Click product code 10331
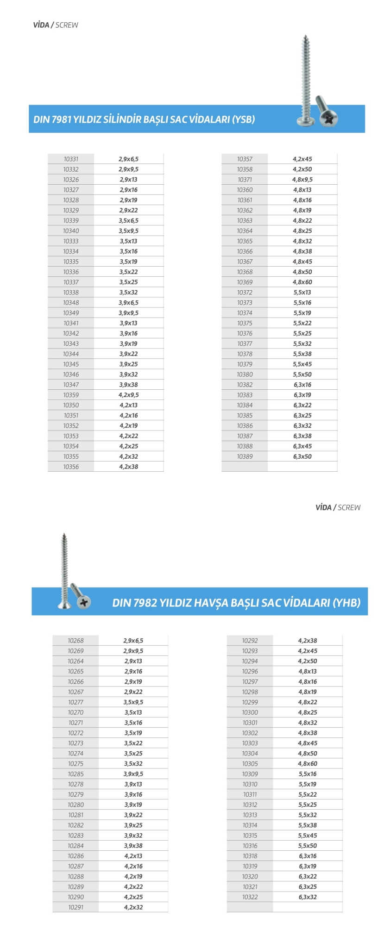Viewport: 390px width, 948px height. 71,159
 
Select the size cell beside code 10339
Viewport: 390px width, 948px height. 129,221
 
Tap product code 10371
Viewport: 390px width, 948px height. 245,180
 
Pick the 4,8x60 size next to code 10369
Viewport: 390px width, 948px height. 302,282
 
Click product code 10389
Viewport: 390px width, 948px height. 245,457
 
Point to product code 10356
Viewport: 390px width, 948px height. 71,467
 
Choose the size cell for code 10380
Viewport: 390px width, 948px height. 302,374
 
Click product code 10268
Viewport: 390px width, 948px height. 75,641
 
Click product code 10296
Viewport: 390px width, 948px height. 250,672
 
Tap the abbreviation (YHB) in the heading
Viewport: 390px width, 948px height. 346,603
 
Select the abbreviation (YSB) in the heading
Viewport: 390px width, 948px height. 244,119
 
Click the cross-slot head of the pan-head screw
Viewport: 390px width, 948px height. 329,119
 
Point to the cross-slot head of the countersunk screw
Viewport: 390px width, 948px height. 84,602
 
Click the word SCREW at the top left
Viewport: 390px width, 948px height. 67,25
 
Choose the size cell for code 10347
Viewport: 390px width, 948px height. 129,385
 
